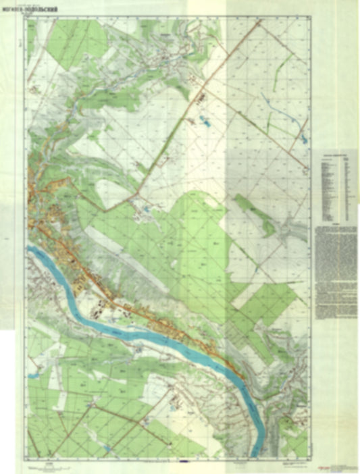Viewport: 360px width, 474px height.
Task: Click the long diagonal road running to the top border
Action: [x=203, y=95]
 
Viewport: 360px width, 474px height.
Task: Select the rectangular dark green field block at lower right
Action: [x=267, y=304]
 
